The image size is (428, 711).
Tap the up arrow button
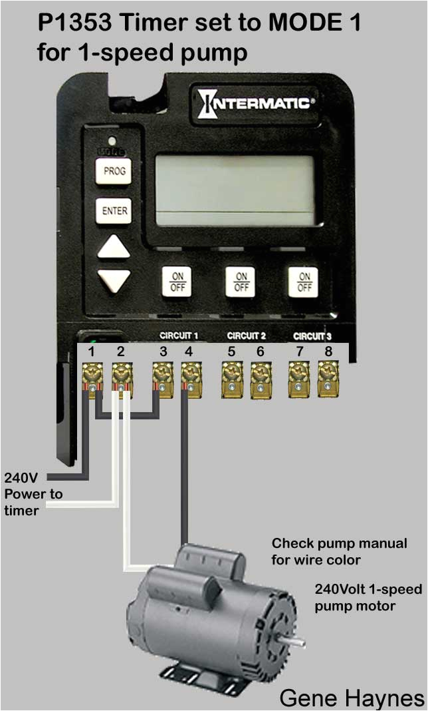pos(114,248)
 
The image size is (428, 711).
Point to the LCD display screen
pos(233,190)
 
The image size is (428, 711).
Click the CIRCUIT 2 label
pos(246,336)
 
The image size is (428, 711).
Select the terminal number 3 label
pos(163,352)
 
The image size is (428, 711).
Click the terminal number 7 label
pos(299,352)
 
